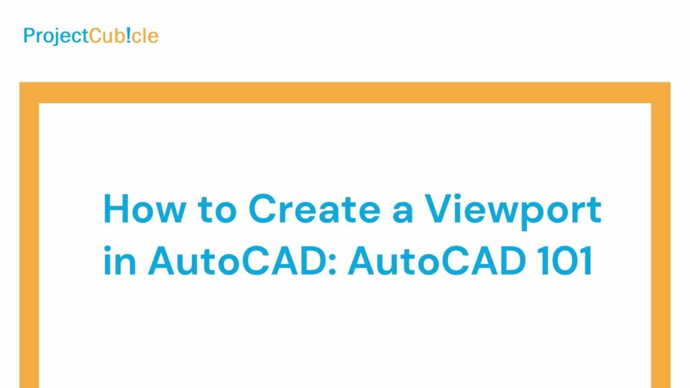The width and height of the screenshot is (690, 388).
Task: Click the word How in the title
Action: point(144,209)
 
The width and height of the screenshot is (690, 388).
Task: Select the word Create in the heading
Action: point(314,209)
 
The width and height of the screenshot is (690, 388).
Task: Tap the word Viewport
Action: point(513,212)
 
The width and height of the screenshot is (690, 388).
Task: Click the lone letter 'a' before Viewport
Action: point(402,214)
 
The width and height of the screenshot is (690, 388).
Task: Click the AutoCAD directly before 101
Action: point(437,261)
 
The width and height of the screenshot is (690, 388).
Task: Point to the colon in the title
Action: point(332,264)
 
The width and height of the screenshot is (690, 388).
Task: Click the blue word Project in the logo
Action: point(56,36)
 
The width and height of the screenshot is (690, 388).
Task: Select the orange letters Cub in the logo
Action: point(107,36)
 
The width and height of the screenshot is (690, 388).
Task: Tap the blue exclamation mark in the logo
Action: point(128,35)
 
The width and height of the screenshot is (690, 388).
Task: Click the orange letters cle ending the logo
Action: point(145,36)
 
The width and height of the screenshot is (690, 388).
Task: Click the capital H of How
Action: point(116,209)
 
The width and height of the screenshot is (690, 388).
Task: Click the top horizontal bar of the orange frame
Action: point(345,92)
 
